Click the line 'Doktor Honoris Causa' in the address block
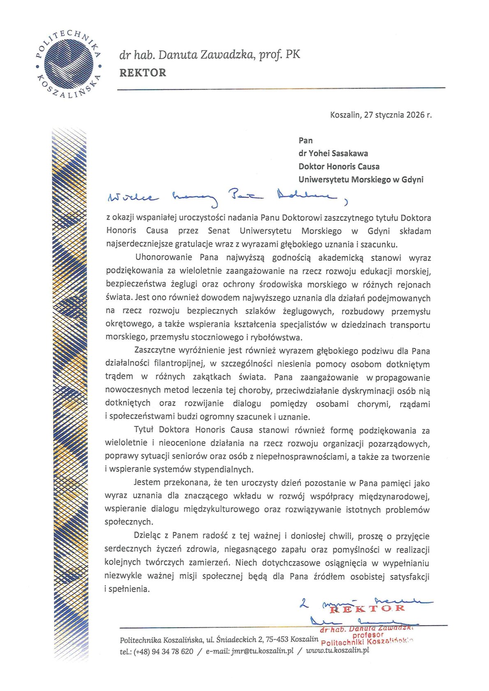(339, 166)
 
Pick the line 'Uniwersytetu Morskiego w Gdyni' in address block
(360, 180)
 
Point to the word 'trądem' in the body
(119, 376)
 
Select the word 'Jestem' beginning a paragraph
(147, 483)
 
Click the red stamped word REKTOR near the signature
(367, 608)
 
